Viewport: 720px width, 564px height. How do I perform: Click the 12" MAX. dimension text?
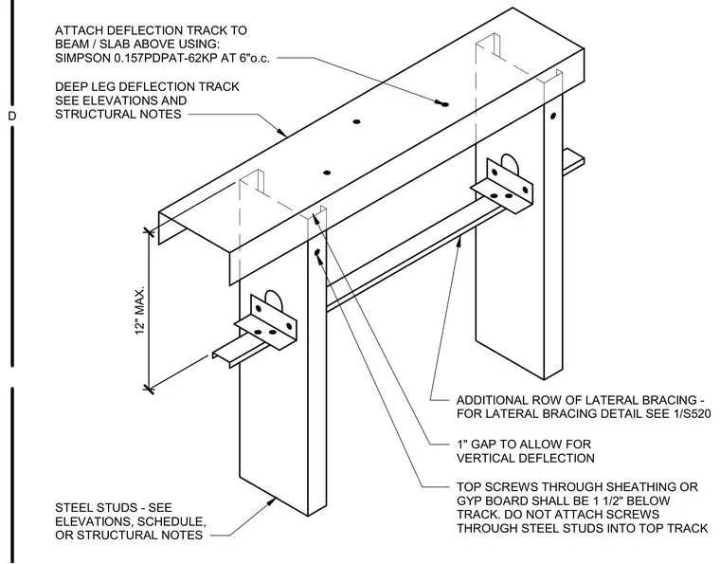tap(140, 311)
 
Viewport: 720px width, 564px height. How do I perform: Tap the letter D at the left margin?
tap(12, 116)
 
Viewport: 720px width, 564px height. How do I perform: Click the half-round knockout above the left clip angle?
tap(276, 300)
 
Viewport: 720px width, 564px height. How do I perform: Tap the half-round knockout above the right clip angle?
tap(510, 164)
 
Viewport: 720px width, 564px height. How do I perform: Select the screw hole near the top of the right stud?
tap(553, 117)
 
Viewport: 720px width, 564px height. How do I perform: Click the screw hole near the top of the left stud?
tap(316, 252)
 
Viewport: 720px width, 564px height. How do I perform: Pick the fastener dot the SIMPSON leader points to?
tap(444, 104)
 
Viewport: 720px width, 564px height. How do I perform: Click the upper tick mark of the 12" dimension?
tap(149, 231)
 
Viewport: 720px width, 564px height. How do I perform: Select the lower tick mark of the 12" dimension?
tap(149, 389)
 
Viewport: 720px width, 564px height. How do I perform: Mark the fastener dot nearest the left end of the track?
tap(327, 173)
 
